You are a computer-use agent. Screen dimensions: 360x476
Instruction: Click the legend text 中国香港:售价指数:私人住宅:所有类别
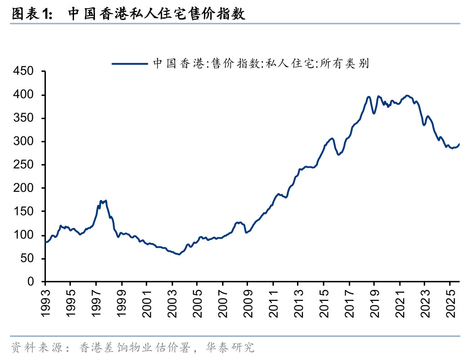tap(261, 64)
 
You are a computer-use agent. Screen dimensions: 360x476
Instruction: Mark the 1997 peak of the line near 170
tap(101, 201)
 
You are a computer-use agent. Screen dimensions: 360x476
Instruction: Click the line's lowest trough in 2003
tap(179, 254)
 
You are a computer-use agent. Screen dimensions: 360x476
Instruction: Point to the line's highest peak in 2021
tap(407, 95)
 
